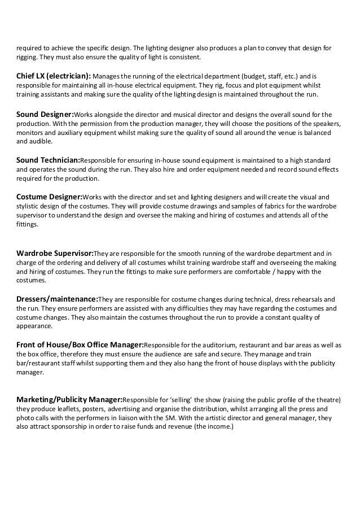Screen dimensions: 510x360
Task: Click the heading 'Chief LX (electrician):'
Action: pos(53,76)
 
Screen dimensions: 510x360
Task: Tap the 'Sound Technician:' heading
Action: pos(50,160)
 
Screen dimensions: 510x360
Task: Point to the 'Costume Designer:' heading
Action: pos(50,198)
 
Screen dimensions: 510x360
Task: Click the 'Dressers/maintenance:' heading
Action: pos(57,299)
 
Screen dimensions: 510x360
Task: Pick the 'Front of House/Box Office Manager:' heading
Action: pos(80,345)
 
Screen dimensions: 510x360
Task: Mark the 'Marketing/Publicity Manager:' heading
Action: pos(69,399)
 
